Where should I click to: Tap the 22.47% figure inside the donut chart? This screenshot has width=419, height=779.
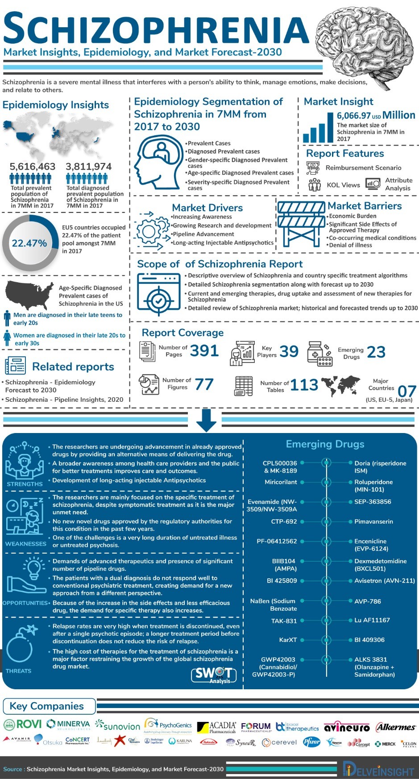point(29,243)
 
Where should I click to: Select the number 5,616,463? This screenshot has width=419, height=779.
point(33,167)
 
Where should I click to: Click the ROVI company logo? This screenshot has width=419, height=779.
point(23,724)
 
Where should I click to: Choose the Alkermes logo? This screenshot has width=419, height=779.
point(395,727)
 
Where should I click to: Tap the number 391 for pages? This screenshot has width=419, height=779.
point(204,351)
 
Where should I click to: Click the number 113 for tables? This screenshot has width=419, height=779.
point(304,385)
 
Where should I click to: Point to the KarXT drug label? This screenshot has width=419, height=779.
point(288,640)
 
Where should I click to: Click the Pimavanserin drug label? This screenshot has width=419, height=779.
point(373,521)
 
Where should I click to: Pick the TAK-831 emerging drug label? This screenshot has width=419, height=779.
point(284,621)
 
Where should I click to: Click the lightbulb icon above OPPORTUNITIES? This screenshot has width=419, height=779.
point(33,569)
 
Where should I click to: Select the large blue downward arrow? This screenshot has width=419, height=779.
point(206,420)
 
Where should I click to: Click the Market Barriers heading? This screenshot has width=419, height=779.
point(365,206)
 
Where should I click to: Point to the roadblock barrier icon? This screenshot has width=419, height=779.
point(301,223)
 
